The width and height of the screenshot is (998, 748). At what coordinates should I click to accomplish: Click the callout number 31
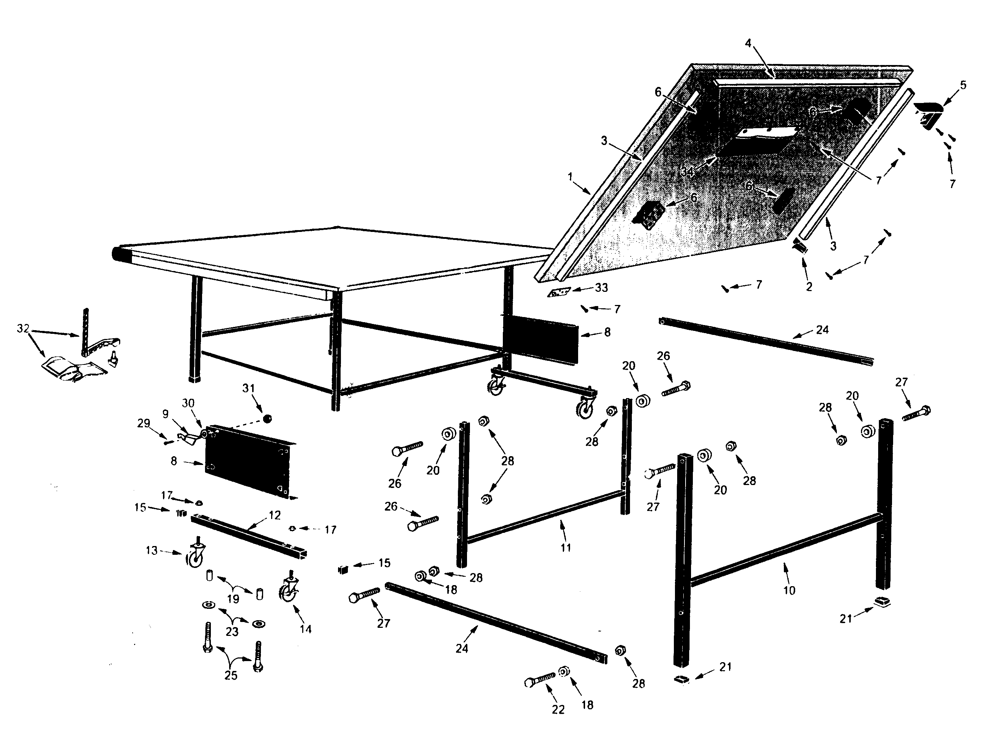click(248, 388)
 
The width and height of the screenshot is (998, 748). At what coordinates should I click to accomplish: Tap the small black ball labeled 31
click(267, 419)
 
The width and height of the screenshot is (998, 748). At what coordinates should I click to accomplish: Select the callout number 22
click(558, 710)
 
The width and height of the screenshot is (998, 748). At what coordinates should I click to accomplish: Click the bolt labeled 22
click(540, 679)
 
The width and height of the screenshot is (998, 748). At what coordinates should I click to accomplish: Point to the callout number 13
click(152, 550)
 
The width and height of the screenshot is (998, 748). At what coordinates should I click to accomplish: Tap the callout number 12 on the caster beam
click(274, 515)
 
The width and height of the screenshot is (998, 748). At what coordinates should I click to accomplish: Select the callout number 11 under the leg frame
click(566, 548)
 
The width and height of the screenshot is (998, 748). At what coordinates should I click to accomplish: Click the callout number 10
click(789, 590)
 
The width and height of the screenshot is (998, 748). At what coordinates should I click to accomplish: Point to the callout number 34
click(687, 172)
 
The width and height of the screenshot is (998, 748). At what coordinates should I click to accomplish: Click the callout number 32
click(23, 329)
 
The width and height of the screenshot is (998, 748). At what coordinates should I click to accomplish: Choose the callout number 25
click(231, 675)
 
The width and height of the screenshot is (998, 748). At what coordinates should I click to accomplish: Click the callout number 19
click(233, 599)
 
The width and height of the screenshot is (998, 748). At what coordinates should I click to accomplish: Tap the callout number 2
click(809, 287)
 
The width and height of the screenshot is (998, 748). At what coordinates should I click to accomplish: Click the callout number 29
click(144, 423)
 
